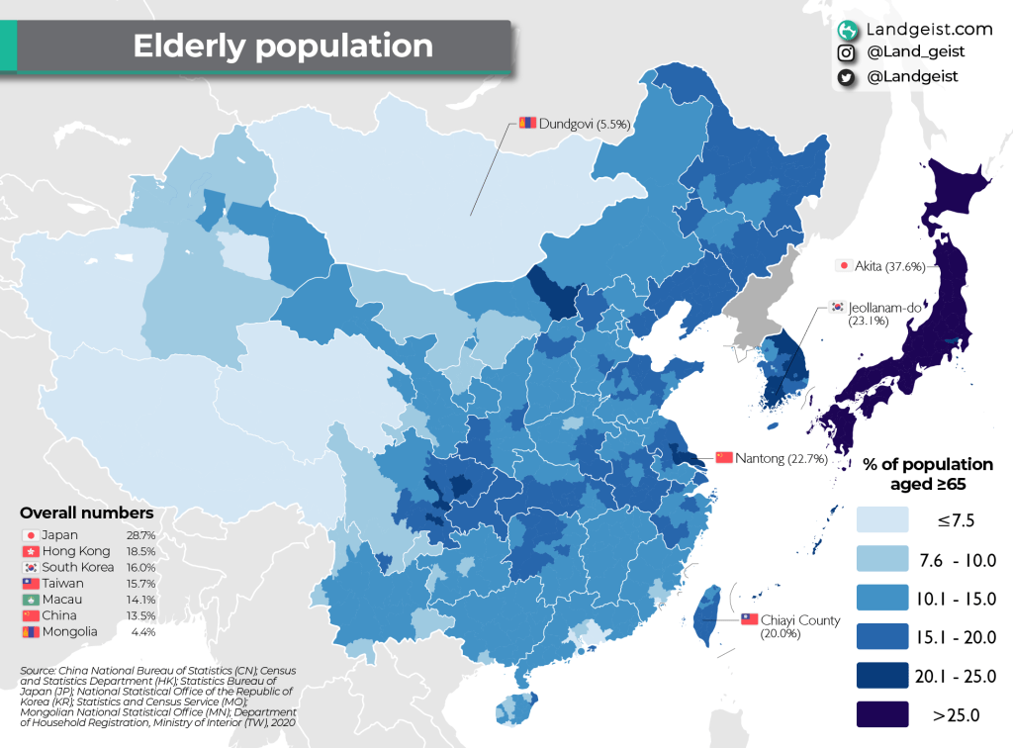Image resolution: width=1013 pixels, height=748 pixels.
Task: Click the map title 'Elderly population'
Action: coord(283,47)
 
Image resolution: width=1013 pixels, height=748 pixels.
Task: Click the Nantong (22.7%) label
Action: coord(786,458)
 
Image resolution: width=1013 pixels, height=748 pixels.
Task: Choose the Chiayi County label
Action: coord(800,620)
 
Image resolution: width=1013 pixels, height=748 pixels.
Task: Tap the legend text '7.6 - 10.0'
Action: coord(958,561)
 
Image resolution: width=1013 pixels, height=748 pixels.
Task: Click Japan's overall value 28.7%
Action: coord(140,535)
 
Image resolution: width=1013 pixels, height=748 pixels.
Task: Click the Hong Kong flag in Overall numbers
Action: coord(29,551)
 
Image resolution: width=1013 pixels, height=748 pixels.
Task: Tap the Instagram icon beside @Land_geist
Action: coord(846,53)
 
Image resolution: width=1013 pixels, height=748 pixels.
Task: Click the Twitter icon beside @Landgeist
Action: coord(846,76)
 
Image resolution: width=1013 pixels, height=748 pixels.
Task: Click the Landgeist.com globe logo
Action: coord(847,30)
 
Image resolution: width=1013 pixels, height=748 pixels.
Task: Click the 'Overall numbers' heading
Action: coord(87,514)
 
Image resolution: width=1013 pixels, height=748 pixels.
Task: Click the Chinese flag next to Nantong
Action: coord(723,457)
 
